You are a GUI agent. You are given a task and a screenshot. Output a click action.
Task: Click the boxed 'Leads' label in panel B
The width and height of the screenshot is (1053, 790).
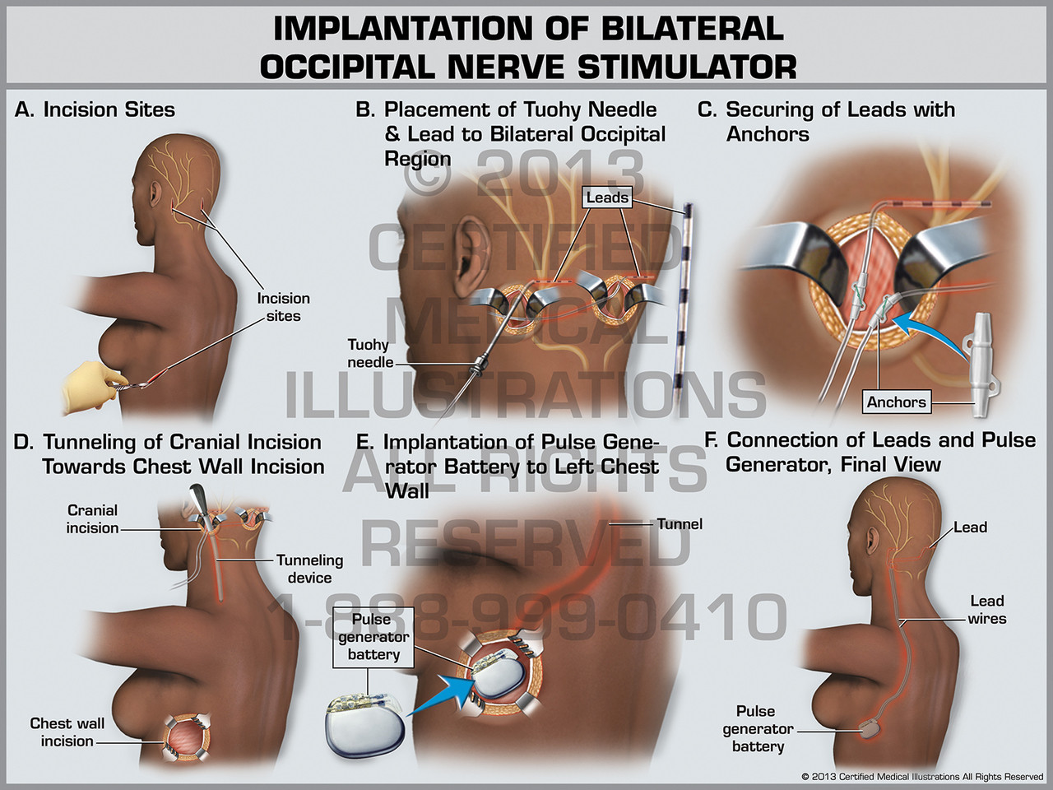(x=607, y=197)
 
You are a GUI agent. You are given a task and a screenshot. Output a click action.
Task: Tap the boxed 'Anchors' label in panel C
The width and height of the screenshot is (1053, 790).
(x=896, y=402)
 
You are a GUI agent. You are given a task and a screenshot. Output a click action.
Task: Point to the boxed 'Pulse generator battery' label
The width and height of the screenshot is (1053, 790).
(x=373, y=637)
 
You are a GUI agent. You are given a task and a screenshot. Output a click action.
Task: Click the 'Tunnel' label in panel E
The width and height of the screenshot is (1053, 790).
(x=680, y=524)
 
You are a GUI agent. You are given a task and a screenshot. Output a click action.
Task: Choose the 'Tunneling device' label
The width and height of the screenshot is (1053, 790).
(x=309, y=569)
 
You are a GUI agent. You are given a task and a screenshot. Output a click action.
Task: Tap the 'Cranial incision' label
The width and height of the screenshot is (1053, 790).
(x=92, y=519)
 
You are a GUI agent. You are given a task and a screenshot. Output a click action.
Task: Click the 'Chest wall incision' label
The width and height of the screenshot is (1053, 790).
(x=67, y=732)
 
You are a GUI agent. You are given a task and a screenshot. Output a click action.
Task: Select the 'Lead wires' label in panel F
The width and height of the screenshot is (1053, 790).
(x=986, y=610)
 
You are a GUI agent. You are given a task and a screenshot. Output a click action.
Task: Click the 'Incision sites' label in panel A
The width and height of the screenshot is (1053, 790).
(x=283, y=307)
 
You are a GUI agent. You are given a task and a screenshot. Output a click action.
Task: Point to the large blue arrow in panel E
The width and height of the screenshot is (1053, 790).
(x=444, y=692)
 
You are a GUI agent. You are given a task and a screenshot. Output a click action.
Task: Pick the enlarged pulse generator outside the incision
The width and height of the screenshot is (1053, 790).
(x=367, y=723)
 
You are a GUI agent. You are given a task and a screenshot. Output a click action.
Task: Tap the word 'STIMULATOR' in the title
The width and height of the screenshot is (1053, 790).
(x=687, y=67)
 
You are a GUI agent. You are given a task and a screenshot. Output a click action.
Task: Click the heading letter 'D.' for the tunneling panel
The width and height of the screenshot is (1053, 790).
(x=24, y=443)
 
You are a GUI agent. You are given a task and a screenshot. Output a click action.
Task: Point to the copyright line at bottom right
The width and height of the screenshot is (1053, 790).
(x=921, y=777)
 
